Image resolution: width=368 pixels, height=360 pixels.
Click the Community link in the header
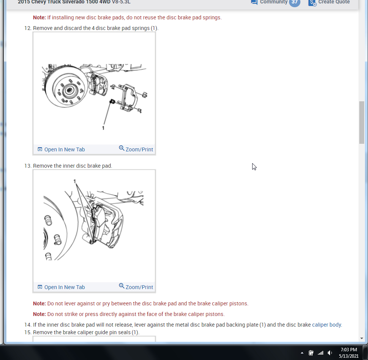(x=273, y=2)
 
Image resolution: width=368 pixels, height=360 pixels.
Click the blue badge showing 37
(x=295, y=3)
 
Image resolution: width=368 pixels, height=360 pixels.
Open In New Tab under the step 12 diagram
(x=61, y=149)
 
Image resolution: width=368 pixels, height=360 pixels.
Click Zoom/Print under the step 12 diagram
(x=136, y=149)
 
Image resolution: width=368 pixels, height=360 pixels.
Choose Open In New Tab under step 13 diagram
(x=61, y=287)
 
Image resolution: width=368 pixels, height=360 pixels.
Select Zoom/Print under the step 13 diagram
(x=136, y=287)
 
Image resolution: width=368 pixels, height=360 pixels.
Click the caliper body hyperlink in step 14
(x=327, y=325)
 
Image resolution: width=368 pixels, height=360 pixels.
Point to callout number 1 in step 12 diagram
(x=103, y=128)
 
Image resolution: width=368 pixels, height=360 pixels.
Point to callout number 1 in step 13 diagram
(x=75, y=181)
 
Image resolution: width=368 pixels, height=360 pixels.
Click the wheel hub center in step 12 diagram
(x=69, y=90)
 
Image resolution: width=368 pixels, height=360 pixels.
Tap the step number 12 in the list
(x=28, y=28)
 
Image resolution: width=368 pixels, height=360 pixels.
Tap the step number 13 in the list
(x=28, y=166)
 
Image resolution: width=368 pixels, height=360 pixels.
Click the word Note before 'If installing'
(x=39, y=17)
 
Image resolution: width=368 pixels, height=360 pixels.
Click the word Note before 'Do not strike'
(x=39, y=314)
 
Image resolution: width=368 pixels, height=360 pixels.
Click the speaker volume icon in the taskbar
(x=330, y=353)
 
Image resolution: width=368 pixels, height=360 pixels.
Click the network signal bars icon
(x=321, y=353)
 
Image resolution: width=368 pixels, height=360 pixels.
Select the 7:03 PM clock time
(x=349, y=350)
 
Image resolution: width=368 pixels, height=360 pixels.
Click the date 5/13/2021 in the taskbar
(x=349, y=356)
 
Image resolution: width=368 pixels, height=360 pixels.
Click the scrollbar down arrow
(x=362, y=338)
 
